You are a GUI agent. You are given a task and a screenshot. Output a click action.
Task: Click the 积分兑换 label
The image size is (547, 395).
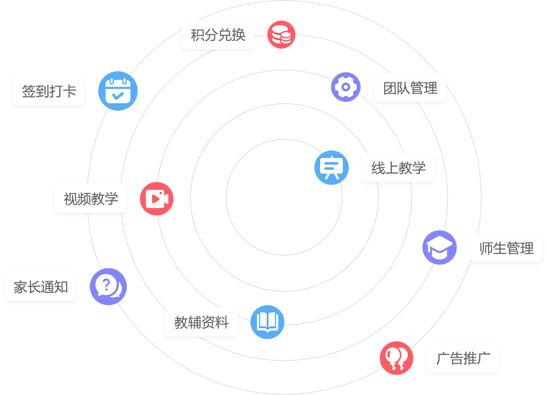[218, 35]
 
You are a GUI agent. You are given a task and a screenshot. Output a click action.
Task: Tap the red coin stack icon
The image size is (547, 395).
[281, 34]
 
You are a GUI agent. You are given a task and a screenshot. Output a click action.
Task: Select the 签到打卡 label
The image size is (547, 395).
[49, 91]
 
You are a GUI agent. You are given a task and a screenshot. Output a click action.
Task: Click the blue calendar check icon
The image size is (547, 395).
[118, 91]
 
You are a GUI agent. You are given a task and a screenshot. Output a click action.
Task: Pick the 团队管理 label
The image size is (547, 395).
[410, 88]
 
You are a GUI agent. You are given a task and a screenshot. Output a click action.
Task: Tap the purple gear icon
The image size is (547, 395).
[346, 87]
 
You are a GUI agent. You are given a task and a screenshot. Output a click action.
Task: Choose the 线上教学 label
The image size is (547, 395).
[398, 168]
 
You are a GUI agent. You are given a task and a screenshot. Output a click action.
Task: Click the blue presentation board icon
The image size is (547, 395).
[331, 168]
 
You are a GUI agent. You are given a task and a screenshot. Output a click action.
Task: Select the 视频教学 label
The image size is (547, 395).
[91, 199]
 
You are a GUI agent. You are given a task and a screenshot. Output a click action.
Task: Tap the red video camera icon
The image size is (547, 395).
[156, 198]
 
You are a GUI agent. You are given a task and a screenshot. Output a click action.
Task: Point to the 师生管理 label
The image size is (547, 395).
[506, 248]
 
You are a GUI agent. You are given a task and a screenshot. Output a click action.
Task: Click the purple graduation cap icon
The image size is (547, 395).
[439, 247]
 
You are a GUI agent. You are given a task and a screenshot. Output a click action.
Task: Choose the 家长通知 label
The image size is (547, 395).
[41, 287]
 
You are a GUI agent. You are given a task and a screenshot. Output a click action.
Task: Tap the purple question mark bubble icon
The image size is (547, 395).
[108, 287]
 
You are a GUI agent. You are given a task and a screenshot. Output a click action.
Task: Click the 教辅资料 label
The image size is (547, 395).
[201, 322]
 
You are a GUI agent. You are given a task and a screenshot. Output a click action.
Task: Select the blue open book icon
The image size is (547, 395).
[267, 322]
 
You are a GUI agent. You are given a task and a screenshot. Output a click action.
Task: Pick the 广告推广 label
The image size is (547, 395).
[463, 358]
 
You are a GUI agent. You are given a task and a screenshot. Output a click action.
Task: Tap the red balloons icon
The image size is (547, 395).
[396, 358]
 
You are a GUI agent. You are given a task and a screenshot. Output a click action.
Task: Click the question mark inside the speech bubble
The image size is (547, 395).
[106, 284]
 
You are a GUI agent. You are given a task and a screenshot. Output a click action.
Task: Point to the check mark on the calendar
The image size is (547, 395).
[118, 95]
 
